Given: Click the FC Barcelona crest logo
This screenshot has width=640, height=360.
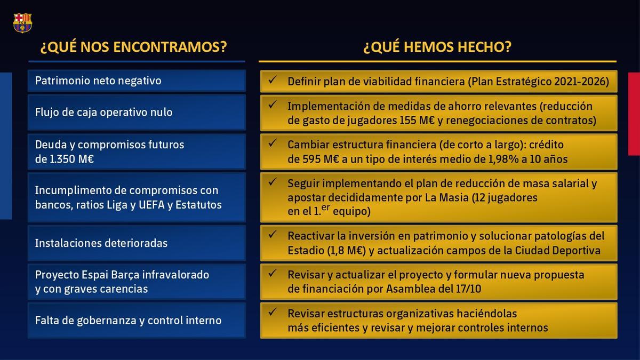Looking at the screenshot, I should click(x=22, y=22).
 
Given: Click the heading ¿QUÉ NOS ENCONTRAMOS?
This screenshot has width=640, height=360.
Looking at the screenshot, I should click(x=134, y=47).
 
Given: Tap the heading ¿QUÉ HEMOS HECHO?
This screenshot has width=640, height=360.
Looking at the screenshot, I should click(x=437, y=47).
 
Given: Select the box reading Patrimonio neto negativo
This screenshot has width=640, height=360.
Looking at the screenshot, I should click(x=137, y=81).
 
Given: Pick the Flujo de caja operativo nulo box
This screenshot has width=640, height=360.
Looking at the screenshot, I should click(x=137, y=113).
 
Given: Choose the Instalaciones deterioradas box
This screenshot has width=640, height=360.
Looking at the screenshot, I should click(x=137, y=243).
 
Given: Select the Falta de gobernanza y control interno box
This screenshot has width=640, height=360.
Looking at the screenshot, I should click(x=137, y=321).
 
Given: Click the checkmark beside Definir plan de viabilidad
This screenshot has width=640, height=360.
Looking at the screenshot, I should click(x=272, y=80).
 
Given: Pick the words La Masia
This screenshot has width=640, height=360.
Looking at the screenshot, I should click(x=445, y=197).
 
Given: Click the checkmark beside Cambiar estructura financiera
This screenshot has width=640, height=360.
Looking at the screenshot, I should click(x=272, y=143).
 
